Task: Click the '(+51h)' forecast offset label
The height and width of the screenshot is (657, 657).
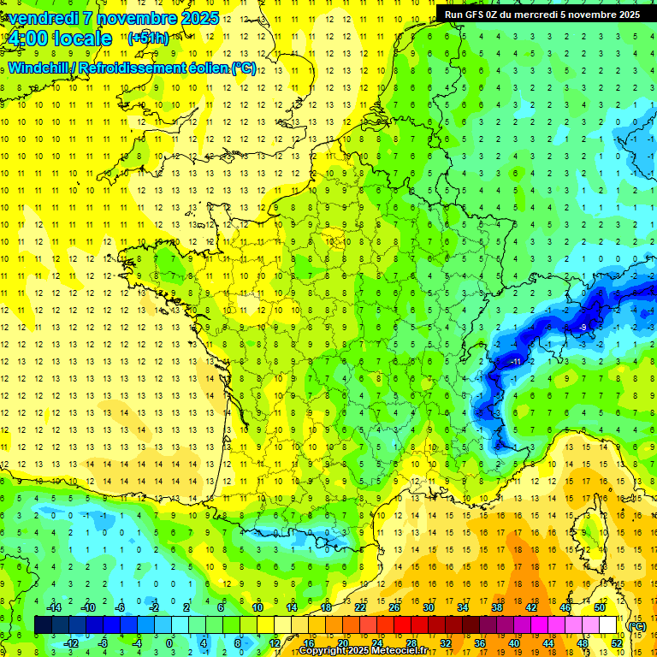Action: click(x=148, y=38)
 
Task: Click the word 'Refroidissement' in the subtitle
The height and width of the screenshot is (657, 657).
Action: click(x=137, y=68)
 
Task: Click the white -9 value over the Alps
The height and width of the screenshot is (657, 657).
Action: click(x=582, y=328)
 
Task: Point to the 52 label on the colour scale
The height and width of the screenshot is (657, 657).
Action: click(x=616, y=643)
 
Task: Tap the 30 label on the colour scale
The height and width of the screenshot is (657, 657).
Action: click(x=428, y=607)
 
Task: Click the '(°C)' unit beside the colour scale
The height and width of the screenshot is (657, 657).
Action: click(x=636, y=625)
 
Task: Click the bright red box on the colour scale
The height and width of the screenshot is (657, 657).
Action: click(x=402, y=625)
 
